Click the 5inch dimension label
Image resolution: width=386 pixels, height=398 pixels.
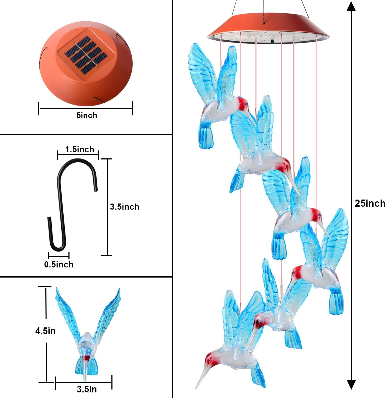pyautogui.click(x=87, y=115)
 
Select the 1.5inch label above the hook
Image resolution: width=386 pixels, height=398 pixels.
pyautogui.click(x=80, y=150)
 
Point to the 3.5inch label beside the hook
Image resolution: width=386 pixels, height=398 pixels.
pyautogui.click(x=124, y=207)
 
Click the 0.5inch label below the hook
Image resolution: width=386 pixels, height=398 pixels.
pyautogui.click(x=59, y=265)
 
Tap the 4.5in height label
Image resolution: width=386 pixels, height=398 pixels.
pyautogui.click(x=45, y=331)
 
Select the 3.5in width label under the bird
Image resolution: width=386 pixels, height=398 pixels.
pyautogui.click(x=87, y=389)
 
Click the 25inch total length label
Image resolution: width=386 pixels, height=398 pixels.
pyautogui.click(x=370, y=203)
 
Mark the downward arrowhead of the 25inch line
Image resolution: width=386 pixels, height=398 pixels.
pyautogui.click(x=351, y=384)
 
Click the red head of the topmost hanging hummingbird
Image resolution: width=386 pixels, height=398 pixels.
pyautogui.click(x=242, y=102)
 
